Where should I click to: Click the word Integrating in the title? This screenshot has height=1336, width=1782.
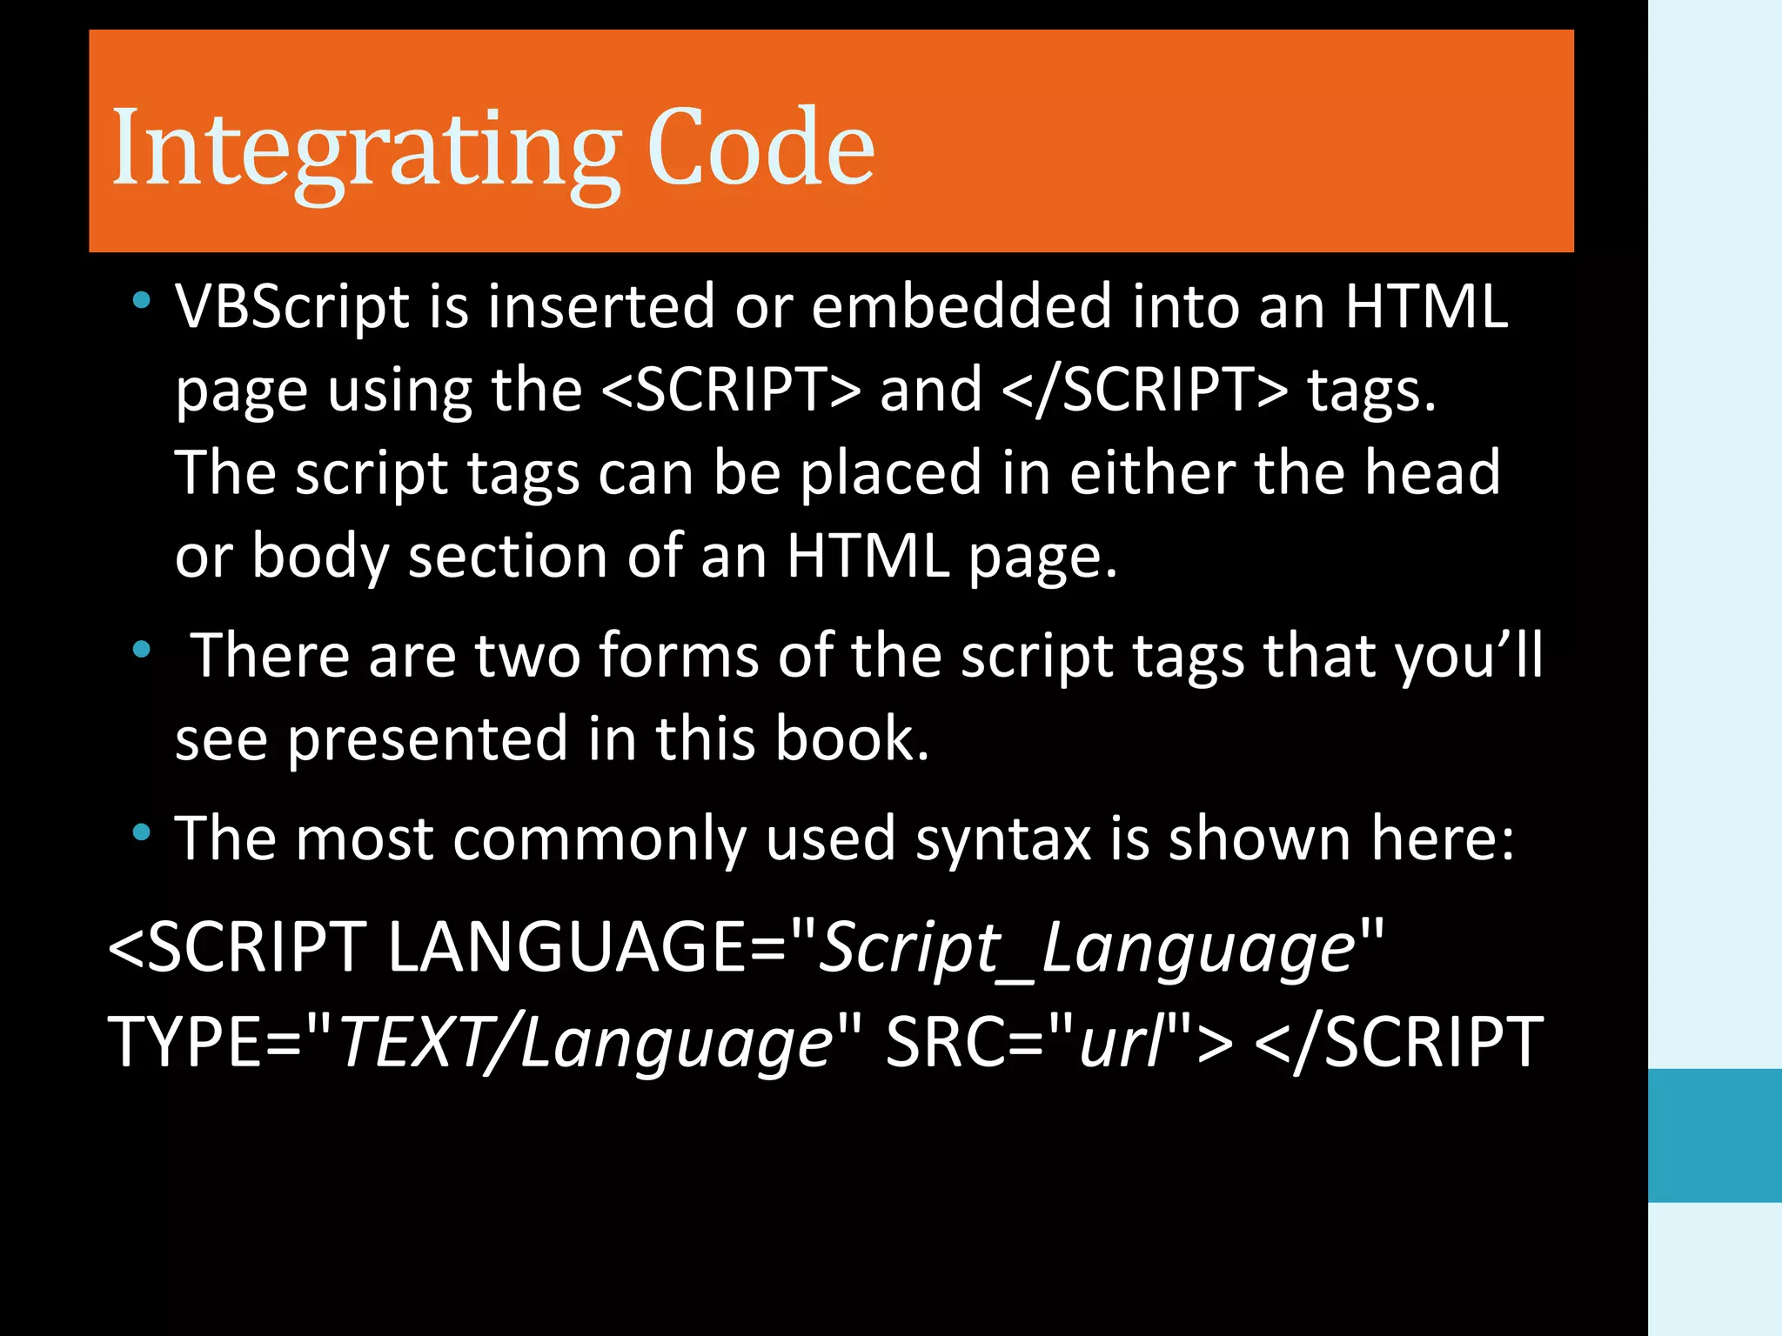click(x=365, y=148)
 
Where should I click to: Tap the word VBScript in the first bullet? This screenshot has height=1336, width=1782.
click(x=291, y=307)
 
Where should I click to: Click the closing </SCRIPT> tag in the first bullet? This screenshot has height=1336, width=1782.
click(x=1144, y=390)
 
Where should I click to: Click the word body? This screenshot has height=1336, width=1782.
click(x=319, y=557)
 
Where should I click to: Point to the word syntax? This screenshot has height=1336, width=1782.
click(x=1002, y=838)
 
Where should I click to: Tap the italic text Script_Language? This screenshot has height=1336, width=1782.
click(x=1088, y=948)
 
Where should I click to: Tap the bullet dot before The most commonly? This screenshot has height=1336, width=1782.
click(x=141, y=833)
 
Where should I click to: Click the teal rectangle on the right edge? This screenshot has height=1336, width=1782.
click(x=1714, y=1135)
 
